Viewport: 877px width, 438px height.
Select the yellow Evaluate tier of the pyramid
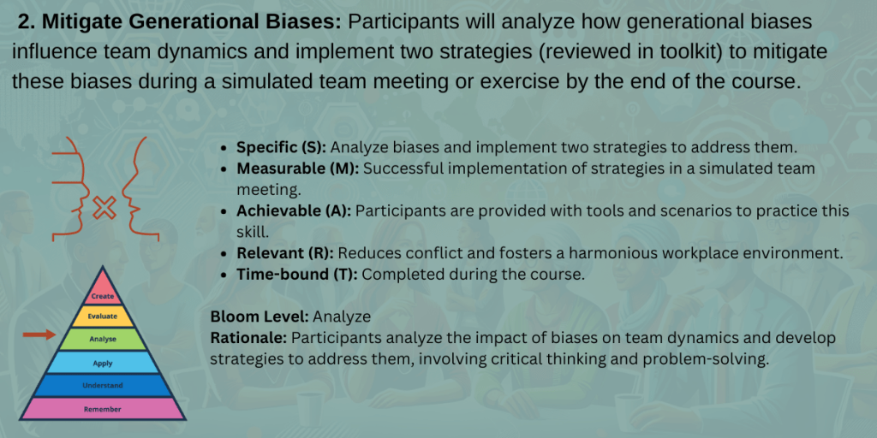coord(103,317)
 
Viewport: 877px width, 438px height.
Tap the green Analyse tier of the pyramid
coord(103,339)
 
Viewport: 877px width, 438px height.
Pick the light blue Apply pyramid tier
coord(103,363)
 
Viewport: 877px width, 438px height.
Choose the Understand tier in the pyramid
coord(103,386)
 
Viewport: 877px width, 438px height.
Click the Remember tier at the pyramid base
coord(103,409)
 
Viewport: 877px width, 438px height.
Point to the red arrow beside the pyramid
coord(39,334)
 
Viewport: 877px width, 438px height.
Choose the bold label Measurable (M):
coord(297,169)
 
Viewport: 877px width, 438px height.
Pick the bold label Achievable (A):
coord(294,211)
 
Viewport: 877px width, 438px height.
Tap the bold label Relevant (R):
coord(284,253)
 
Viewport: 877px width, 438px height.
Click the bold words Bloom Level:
coord(260,317)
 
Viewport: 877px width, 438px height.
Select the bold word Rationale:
coord(248,338)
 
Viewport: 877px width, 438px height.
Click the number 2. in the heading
coord(27,22)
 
